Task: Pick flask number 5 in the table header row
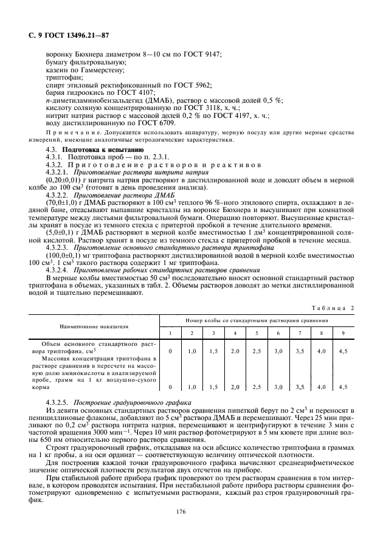point(257,333)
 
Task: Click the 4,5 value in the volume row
point(342,351)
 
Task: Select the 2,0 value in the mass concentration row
point(235,387)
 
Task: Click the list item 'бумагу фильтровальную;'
point(86,63)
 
